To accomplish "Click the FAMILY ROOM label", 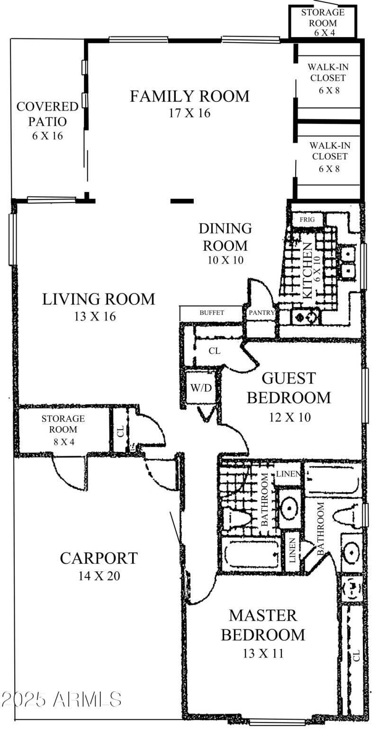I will [x=189, y=96].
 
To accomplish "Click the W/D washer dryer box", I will [x=201, y=388].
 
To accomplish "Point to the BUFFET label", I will [x=211, y=313].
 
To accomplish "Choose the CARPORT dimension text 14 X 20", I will [x=99, y=576].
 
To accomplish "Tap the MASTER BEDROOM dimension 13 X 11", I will [x=263, y=653].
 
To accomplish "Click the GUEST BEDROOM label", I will [x=289, y=387].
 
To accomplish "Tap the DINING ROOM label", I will [x=225, y=237].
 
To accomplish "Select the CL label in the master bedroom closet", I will [x=356, y=656].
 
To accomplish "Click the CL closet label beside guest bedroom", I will [x=214, y=351].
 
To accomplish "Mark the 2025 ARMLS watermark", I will [x=62, y=699].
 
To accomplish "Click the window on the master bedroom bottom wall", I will [x=277, y=723].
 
